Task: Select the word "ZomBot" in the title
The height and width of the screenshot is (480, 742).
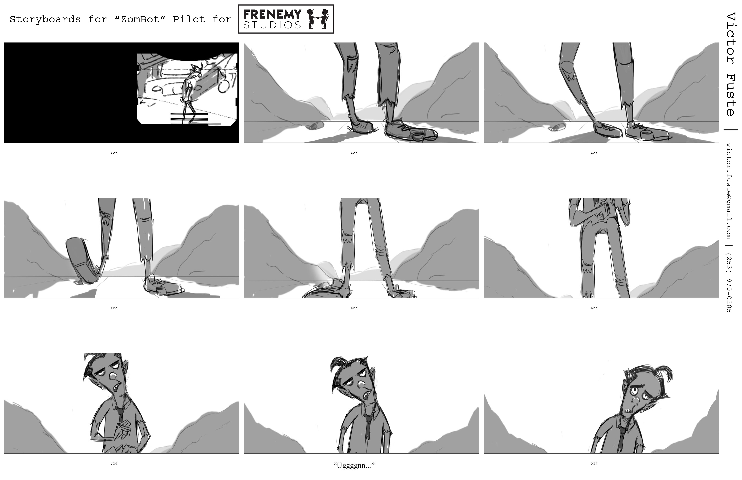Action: click(x=140, y=19)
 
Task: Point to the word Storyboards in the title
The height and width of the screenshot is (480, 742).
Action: click(x=45, y=19)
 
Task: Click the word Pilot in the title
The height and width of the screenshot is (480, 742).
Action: click(x=189, y=19)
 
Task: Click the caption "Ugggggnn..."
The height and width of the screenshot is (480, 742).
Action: click(x=354, y=466)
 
